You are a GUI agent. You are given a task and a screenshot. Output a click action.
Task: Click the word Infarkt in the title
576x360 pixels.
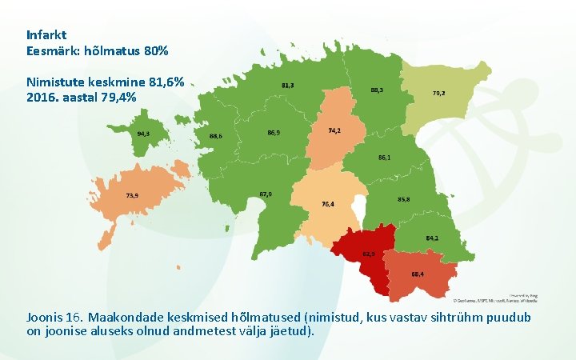(46, 35)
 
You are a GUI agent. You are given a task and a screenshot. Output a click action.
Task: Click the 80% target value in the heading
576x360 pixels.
(155, 50)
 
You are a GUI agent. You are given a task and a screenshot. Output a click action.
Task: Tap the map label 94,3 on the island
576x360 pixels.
(144, 134)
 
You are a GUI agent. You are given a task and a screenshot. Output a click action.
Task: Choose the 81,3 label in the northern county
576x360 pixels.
(287, 85)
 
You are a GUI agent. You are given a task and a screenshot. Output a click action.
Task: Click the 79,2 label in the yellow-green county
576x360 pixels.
(438, 94)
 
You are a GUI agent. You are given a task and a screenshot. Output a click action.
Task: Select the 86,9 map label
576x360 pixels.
(274, 133)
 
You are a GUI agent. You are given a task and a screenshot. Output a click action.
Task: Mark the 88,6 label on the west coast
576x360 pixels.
(215, 136)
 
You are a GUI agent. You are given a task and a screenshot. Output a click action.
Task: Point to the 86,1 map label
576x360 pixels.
(385, 158)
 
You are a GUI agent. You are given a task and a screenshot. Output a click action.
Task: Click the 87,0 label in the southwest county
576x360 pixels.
(266, 194)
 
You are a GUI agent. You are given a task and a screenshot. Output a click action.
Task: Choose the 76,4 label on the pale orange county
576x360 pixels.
(328, 204)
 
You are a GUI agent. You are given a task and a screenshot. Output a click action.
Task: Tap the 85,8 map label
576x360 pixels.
(404, 198)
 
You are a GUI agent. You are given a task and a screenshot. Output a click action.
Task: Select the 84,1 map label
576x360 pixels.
(431, 238)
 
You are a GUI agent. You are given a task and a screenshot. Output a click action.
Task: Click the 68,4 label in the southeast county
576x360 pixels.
(418, 274)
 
